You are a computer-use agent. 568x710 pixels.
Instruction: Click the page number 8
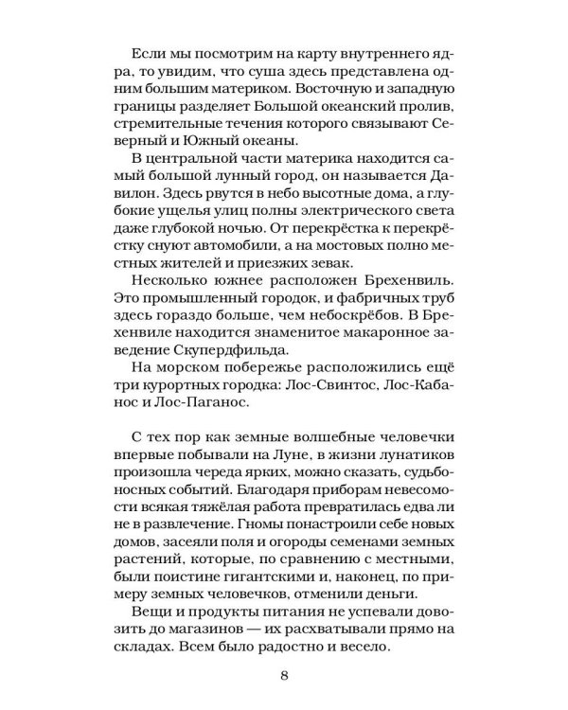[284, 676]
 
